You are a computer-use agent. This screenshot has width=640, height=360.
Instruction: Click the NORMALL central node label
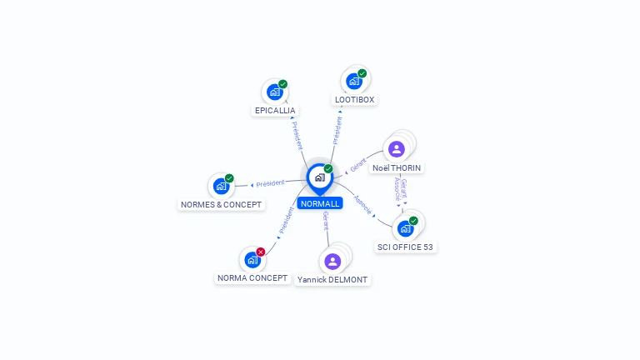[320, 203]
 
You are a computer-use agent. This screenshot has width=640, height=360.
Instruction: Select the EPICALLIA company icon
[275, 92]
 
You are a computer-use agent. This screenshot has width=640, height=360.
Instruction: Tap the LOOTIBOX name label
[354, 100]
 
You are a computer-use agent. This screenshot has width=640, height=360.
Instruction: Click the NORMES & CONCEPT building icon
[221, 186]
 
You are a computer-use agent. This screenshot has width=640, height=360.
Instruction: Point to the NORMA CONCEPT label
[252, 278]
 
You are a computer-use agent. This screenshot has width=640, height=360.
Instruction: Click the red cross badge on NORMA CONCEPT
[260, 252]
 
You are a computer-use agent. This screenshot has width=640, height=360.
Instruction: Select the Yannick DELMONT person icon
[332, 261]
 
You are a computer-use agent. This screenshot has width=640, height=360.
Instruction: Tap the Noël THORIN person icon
[397, 149]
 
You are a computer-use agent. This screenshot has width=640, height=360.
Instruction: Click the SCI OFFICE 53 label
[405, 247]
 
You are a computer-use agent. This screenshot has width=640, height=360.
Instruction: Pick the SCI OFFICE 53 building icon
[405, 228]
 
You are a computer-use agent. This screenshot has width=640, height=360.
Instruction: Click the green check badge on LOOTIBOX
[362, 73]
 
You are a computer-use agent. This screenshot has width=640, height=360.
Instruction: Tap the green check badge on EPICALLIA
[282, 84]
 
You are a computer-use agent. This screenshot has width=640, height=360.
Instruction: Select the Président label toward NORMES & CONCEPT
[270, 183]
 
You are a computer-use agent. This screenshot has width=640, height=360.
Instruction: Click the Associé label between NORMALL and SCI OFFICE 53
[362, 204]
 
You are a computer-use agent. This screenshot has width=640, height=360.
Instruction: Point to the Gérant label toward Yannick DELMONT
[326, 221]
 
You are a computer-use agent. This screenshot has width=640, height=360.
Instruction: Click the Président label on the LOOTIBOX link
[337, 131]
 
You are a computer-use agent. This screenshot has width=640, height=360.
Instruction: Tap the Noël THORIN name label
[397, 167]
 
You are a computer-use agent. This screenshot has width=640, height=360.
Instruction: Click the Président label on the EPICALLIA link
[297, 136]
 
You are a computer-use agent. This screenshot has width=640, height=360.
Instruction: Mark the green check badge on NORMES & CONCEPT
[229, 178]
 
